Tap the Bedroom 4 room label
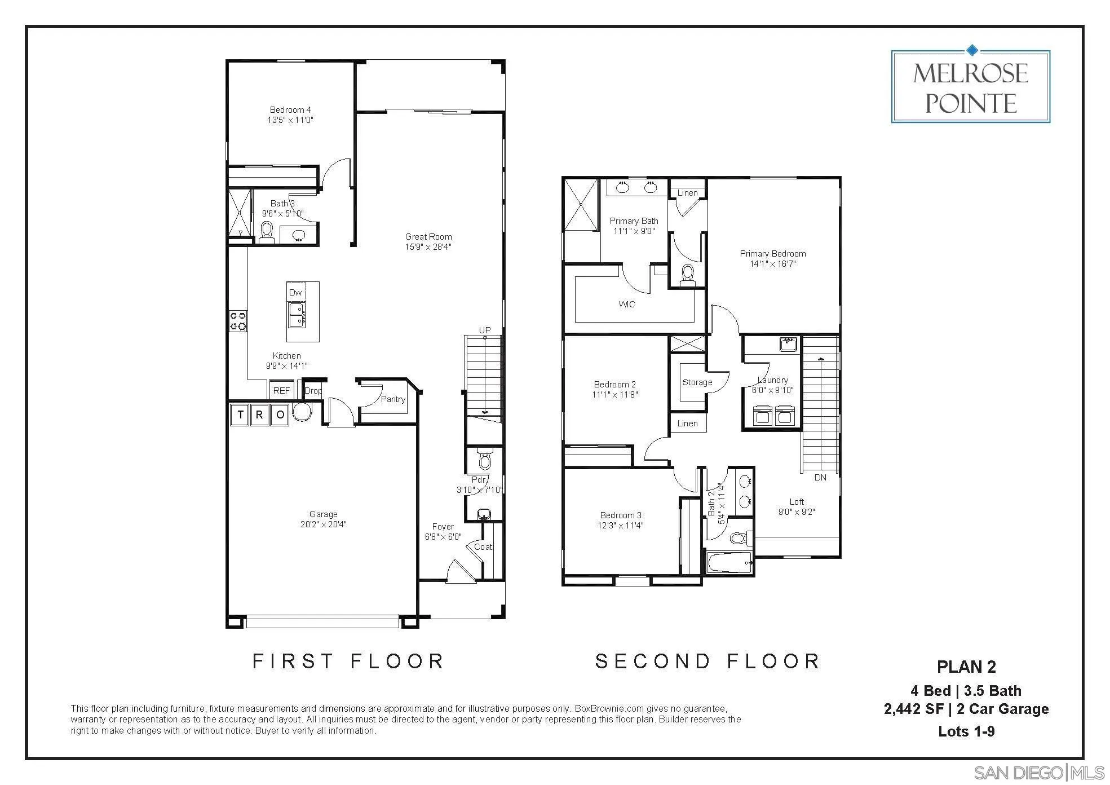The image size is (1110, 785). (x=290, y=110)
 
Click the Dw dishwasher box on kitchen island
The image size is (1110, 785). (x=295, y=292)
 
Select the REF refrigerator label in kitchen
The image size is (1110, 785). (x=281, y=390)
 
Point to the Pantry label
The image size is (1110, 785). (x=393, y=399)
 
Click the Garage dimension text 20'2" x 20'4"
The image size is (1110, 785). (x=323, y=524)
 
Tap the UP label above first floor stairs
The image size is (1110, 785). (x=485, y=330)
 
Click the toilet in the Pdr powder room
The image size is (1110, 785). (x=485, y=460)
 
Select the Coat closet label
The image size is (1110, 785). (x=483, y=547)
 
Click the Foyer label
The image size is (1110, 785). (x=443, y=527)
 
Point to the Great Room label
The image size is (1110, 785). (x=428, y=237)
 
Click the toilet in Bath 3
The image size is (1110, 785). (x=267, y=230)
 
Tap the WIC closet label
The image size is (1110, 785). (x=627, y=305)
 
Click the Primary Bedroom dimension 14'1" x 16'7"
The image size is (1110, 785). (x=772, y=264)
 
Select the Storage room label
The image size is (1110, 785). (x=697, y=382)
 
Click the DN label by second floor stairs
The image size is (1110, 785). (x=820, y=478)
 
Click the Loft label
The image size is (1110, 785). (x=797, y=502)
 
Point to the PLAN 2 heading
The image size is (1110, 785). (x=966, y=667)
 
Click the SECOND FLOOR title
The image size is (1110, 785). (x=707, y=661)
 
